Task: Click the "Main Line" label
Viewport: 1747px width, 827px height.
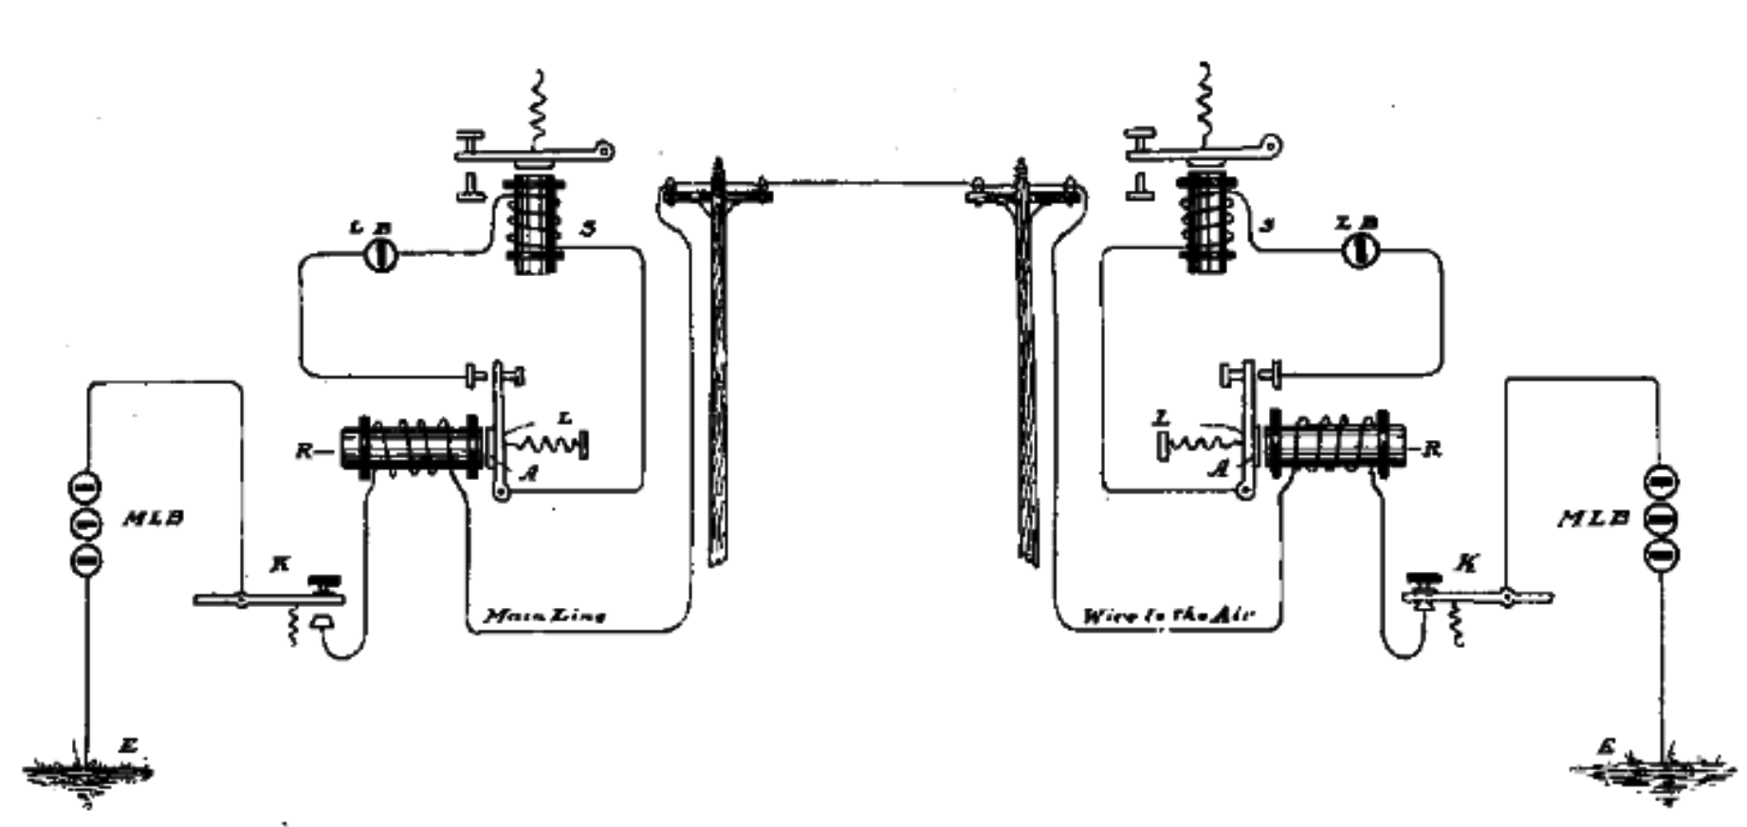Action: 545,616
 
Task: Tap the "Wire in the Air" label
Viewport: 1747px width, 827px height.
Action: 1168,616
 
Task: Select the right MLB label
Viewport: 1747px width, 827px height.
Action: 1593,519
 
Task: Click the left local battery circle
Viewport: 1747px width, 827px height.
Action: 381,254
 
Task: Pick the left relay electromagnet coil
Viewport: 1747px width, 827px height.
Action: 417,448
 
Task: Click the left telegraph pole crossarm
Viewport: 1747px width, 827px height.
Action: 717,193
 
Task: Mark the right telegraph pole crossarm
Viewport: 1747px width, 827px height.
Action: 1022,193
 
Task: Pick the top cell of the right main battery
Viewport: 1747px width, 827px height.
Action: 1660,483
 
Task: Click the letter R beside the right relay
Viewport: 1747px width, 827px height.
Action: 1433,449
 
